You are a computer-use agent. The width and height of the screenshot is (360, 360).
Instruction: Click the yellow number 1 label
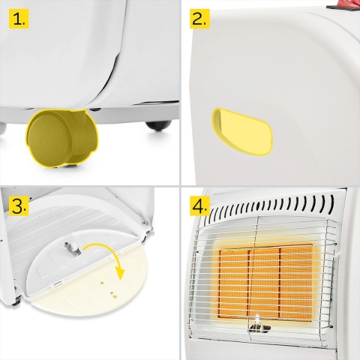pos(19,19)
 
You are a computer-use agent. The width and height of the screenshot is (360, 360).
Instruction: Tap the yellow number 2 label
pos(199,19)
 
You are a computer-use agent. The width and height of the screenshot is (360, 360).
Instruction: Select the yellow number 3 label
pos(19,206)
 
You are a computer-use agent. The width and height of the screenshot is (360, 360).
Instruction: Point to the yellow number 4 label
pos(199,206)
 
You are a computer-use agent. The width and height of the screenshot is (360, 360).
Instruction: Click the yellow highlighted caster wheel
pos(61,137)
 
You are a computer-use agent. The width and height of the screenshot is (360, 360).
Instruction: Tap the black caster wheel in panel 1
pos(159,125)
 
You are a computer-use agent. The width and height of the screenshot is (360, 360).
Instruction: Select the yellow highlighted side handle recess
pos(242,131)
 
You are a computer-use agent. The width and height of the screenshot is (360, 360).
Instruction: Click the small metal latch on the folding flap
pos(73,248)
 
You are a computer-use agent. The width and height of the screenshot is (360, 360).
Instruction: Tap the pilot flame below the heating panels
pos(256,319)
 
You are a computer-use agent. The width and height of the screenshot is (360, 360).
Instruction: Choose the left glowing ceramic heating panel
pos(234,282)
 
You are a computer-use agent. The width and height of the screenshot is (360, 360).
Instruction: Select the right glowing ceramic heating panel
pos(296,282)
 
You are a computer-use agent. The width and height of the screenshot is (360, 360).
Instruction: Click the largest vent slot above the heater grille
pos(331,203)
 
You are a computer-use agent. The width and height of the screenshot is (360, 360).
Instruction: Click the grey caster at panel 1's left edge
pos(2,128)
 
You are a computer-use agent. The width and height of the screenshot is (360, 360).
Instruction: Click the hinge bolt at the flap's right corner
pos(145,223)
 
